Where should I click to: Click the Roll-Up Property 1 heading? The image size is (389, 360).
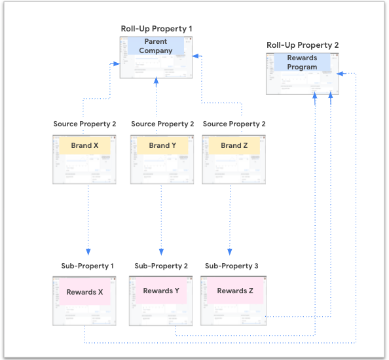[157, 29]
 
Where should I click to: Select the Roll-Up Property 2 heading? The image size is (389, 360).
[303, 45]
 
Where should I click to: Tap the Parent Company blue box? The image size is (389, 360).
[156, 46]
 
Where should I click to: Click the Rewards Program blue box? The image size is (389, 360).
[302, 62]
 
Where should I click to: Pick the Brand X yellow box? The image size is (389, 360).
[84, 145]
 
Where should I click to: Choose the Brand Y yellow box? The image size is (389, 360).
[162, 145]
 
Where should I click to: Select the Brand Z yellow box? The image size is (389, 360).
[234, 145]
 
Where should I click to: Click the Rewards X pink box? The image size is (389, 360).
[84, 291]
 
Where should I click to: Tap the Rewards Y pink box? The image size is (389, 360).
[161, 291]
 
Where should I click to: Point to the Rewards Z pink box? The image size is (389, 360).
[235, 291]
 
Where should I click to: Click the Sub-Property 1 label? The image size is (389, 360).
[87, 266]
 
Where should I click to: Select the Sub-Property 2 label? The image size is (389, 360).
[161, 266]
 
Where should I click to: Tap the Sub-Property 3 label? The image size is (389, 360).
[231, 266]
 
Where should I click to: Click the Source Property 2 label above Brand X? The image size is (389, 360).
[84, 124]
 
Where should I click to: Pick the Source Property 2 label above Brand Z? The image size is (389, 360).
[234, 124]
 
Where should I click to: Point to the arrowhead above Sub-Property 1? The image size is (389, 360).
[88, 252]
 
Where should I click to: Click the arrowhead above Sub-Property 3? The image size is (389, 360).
[230, 252]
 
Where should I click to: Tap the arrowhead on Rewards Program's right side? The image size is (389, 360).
[340, 73]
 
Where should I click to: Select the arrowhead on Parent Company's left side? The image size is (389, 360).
[117, 63]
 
